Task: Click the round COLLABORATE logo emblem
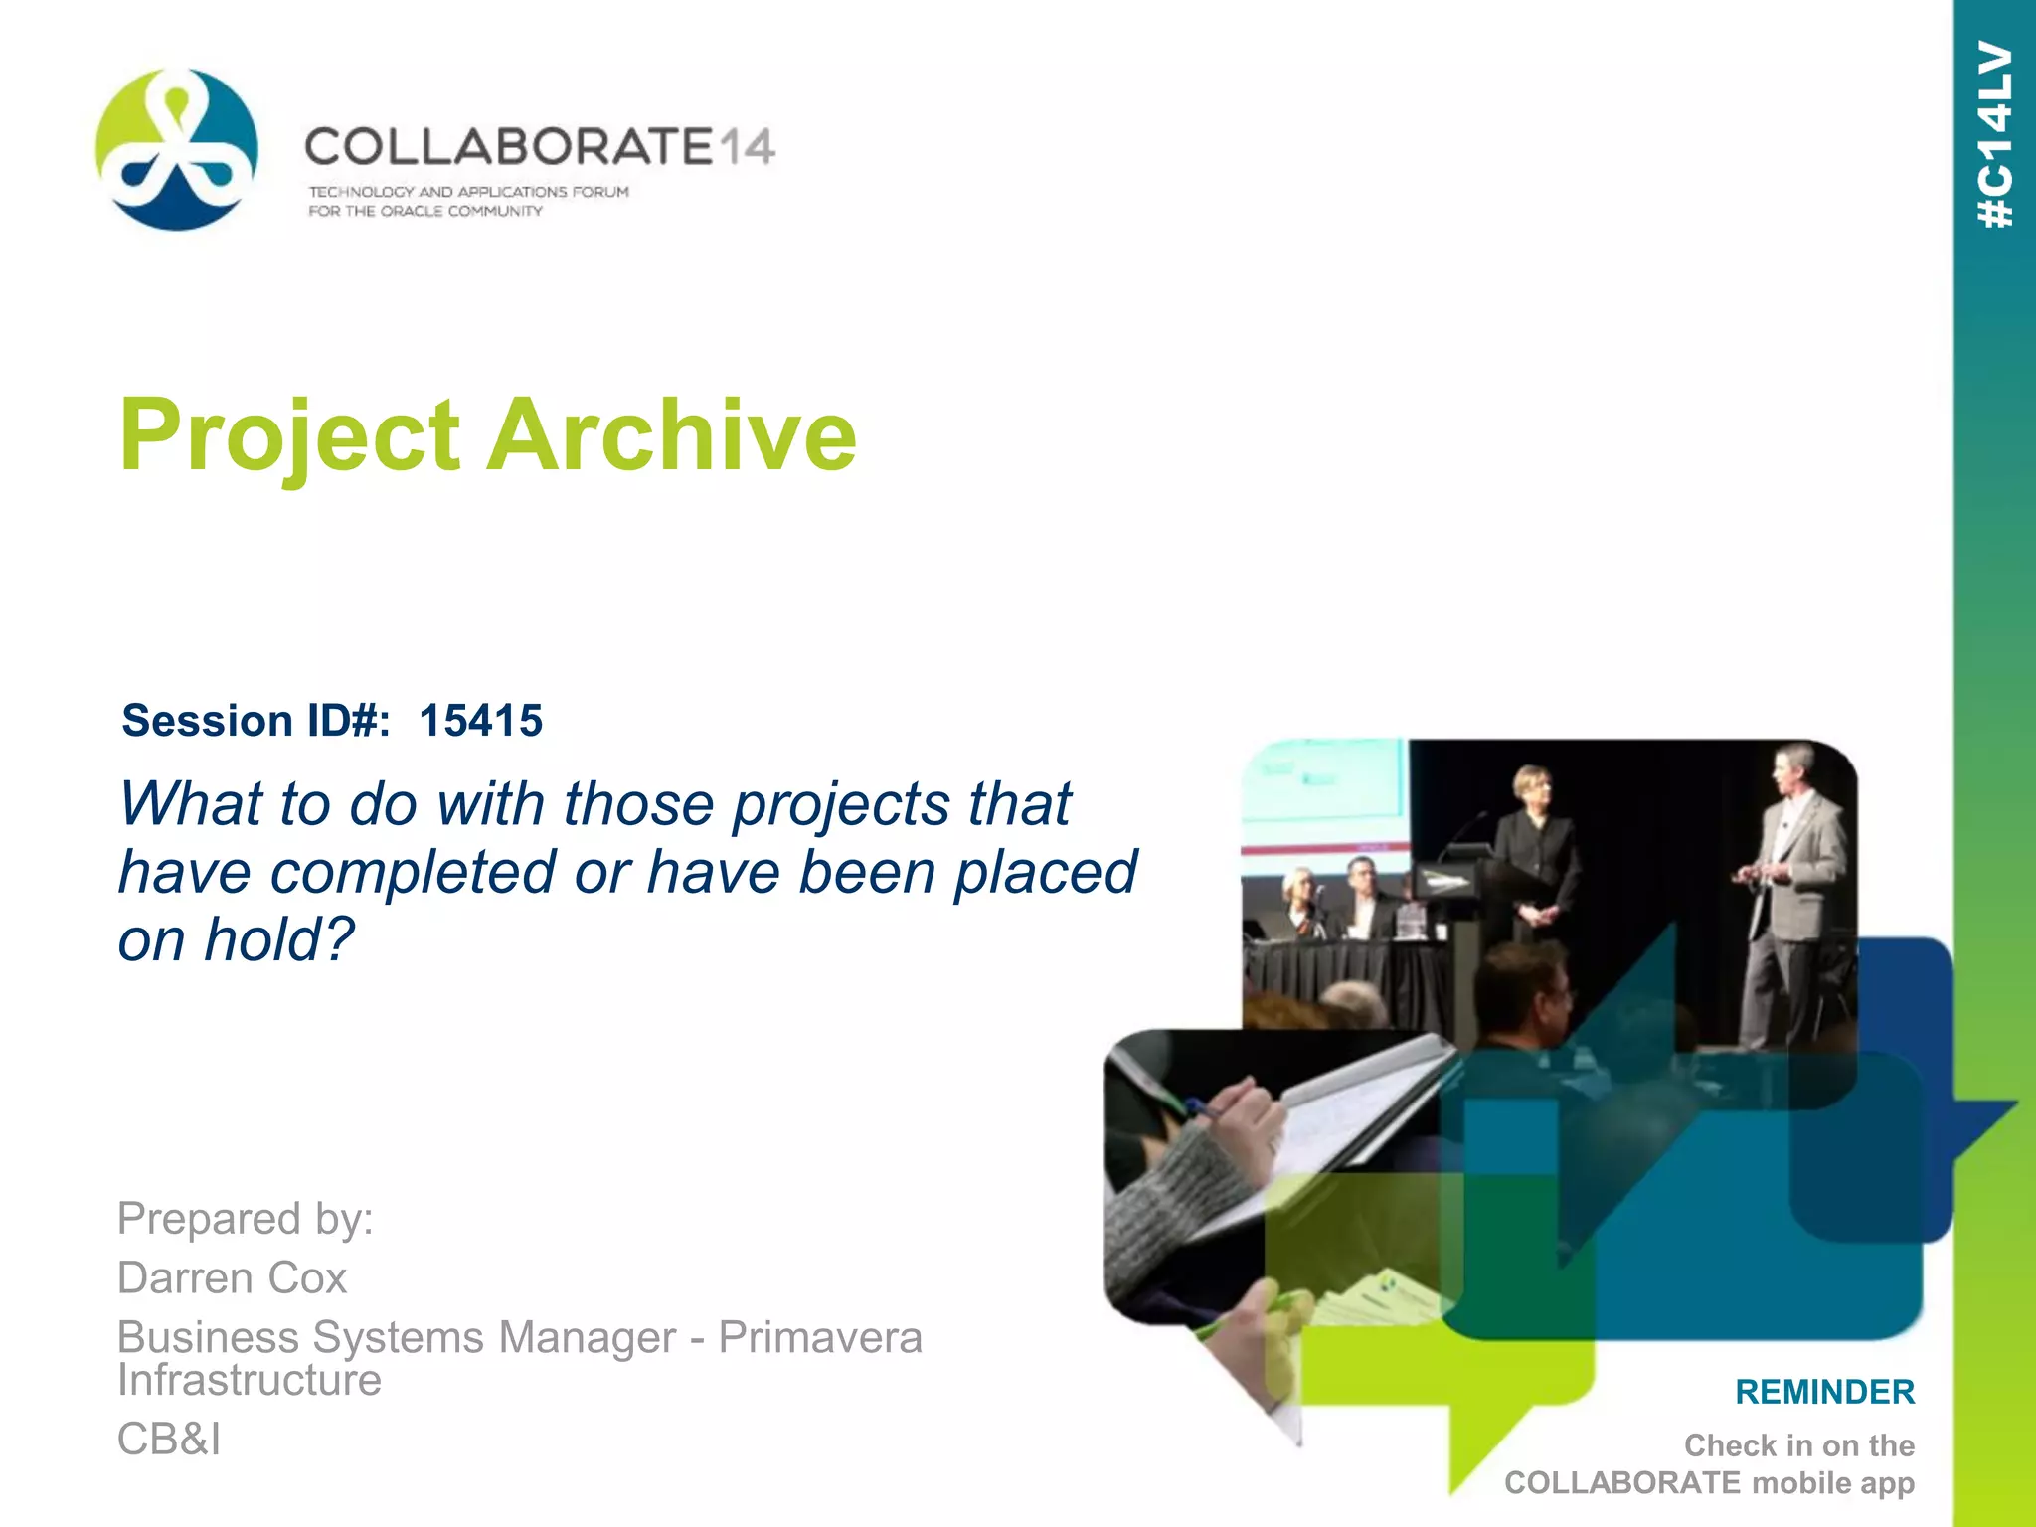point(177,149)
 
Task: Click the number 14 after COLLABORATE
point(746,148)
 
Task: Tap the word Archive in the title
point(671,434)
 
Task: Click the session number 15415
point(481,721)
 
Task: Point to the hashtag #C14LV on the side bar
point(1995,134)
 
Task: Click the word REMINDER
point(1824,1392)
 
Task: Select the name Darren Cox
point(232,1278)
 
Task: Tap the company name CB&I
point(169,1439)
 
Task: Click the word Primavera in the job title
point(820,1337)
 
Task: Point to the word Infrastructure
point(250,1380)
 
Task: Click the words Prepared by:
point(246,1219)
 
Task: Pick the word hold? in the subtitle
point(279,939)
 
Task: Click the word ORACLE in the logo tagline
point(412,211)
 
